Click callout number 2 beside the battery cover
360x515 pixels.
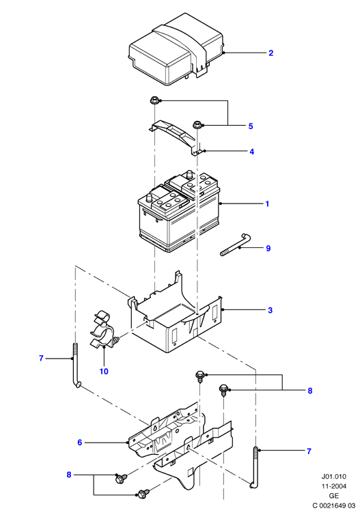point(271,53)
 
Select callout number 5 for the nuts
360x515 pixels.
point(251,126)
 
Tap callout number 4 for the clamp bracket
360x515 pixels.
point(251,152)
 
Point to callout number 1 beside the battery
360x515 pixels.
point(267,204)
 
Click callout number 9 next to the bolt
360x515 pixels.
point(268,249)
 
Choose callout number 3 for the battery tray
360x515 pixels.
point(270,310)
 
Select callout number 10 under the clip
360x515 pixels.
point(104,371)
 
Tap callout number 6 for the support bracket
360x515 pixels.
point(79,443)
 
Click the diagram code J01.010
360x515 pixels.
point(334,476)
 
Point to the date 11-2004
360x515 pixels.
point(334,486)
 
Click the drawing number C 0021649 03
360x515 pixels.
point(334,505)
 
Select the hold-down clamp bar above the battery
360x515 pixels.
point(174,137)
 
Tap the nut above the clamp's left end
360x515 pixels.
point(154,100)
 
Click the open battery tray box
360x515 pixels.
point(176,317)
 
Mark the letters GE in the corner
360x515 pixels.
point(334,496)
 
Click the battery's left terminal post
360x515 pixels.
point(148,197)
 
